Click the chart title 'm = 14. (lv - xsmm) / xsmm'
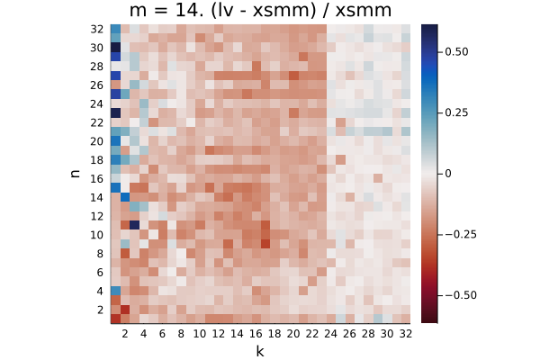(260, 10)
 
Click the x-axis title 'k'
(260, 351)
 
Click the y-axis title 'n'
(75, 174)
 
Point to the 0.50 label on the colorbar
(456, 51)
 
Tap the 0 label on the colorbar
(447, 174)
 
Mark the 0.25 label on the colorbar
(456, 112)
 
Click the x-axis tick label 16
(256, 334)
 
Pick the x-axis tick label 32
(406, 334)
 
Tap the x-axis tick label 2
(125, 334)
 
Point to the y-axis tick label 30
(97, 48)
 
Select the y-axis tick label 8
(100, 254)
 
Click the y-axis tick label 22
(97, 122)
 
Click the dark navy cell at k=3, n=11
(134, 225)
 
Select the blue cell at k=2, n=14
(125, 197)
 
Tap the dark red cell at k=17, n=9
(265, 244)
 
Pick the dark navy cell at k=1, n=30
(116, 48)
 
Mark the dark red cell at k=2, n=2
(125, 310)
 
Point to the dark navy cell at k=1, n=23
(116, 113)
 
